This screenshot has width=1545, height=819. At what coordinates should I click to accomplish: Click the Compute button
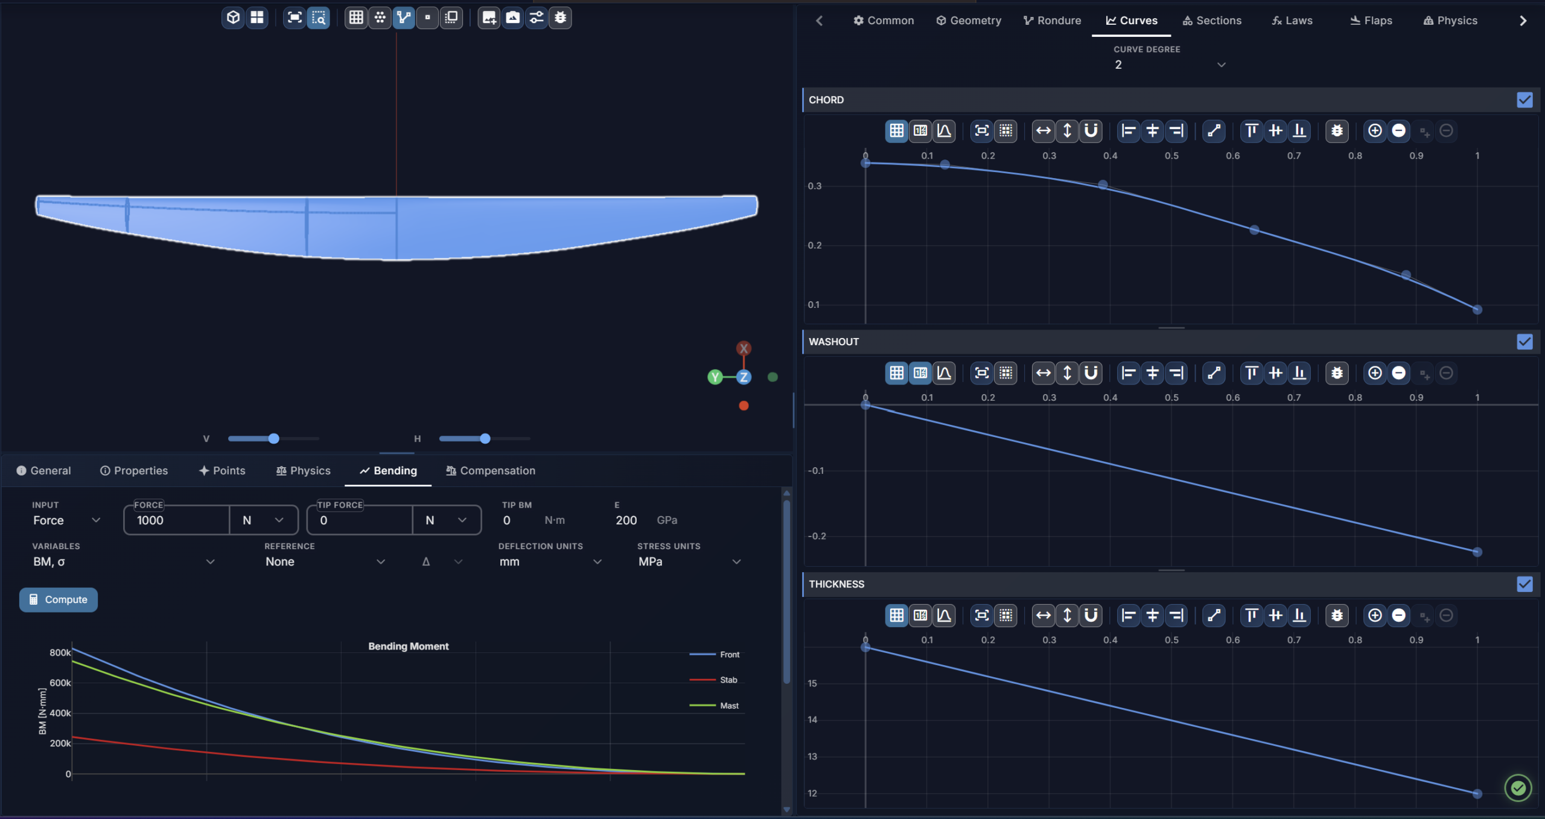click(59, 599)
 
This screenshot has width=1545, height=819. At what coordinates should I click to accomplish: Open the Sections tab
click(1212, 21)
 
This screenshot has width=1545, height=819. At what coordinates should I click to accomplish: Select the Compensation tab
click(490, 471)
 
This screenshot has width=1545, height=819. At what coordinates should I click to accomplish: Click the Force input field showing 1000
click(177, 520)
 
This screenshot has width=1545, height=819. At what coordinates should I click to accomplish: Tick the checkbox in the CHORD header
click(1524, 100)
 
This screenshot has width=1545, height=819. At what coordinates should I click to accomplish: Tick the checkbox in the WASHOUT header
click(1524, 342)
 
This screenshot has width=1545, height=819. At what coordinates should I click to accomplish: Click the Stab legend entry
click(714, 680)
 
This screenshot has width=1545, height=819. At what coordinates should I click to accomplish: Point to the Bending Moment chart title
click(409, 646)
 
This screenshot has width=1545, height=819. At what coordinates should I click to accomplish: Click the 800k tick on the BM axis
click(60, 652)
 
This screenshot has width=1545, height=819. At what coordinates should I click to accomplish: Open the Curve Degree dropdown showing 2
click(1170, 65)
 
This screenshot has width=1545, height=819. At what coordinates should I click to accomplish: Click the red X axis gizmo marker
click(744, 348)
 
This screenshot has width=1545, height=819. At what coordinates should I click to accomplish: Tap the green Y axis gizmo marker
click(715, 377)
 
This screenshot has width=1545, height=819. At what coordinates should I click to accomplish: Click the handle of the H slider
click(485, 439)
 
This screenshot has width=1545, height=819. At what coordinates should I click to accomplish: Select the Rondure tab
click(1052, 21)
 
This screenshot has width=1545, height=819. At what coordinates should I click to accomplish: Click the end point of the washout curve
click(1477, 552)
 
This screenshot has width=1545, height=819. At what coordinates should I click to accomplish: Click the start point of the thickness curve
click(865, 647)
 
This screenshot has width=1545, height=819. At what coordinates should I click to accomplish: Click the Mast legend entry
click(715, 706)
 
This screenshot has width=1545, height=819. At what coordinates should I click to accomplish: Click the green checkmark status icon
click(1518, 788)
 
